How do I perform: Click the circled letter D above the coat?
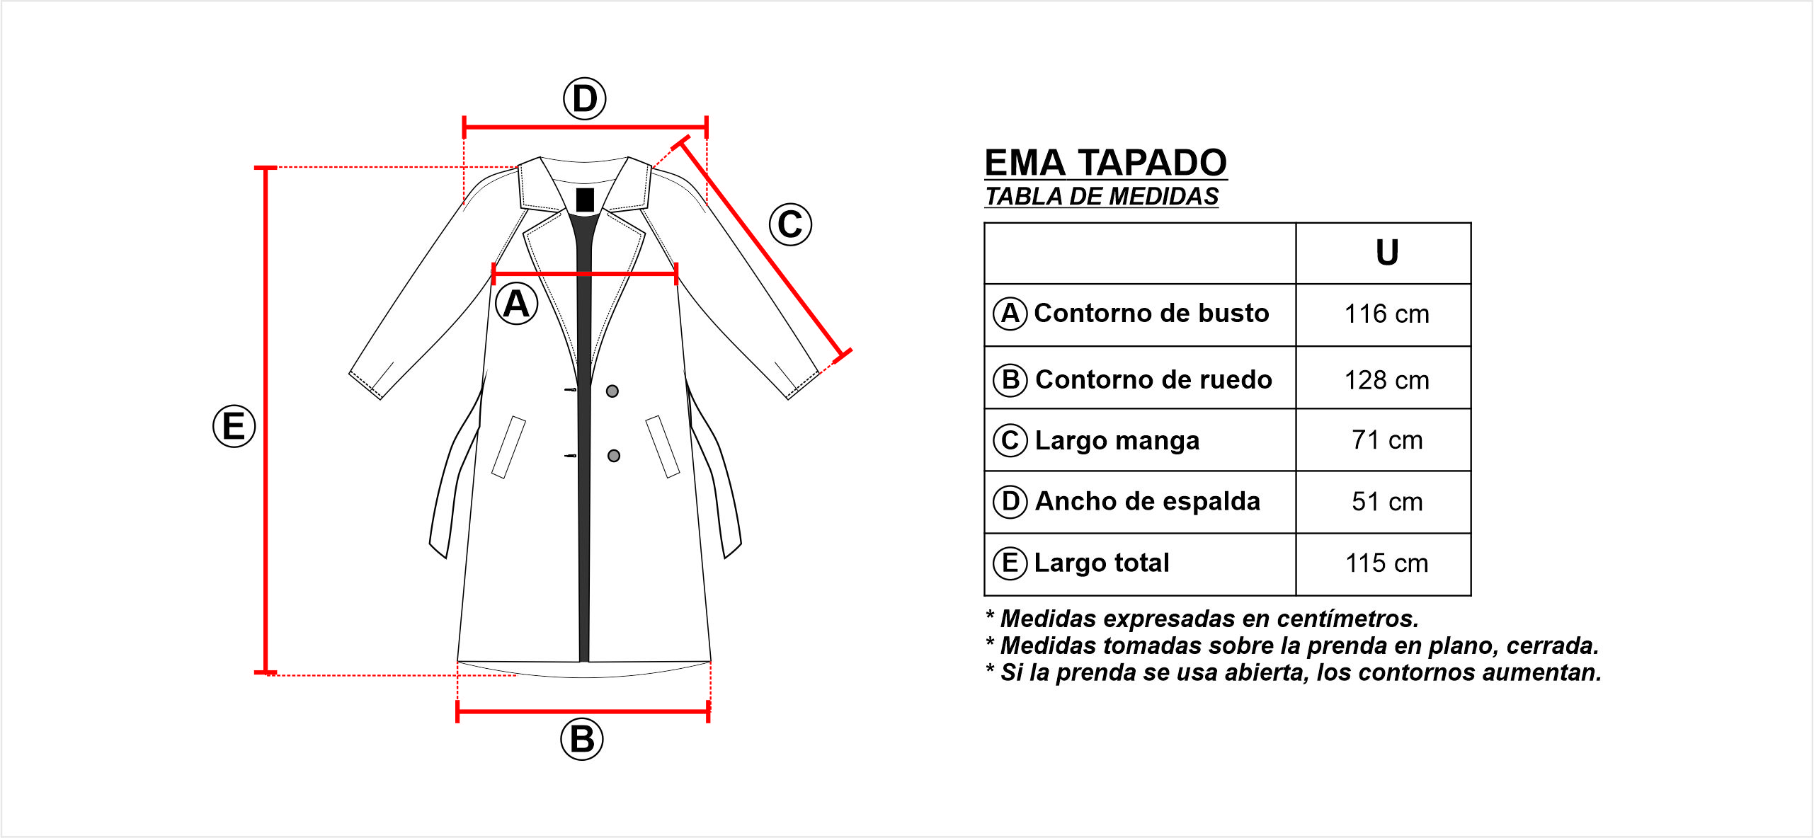coord(584,98)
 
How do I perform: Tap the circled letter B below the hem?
coord(581,739)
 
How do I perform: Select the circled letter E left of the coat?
coord(234,426)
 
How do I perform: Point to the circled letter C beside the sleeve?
coord(790,224)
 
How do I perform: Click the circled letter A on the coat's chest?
coord(516,304)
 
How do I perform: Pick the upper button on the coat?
coord(612,391)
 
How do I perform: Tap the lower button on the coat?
coord(614,456)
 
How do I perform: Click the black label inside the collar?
coord(585,200)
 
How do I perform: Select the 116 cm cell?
coord(1386,314)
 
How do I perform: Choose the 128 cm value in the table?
coord(1386,380)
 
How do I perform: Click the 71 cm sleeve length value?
coord(1386,440)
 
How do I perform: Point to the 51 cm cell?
coord(1386,501)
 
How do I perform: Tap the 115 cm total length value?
coord(1386,563)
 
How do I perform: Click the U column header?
coord(1387,253)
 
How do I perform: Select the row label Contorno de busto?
coord(1151,313)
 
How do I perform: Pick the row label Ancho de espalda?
coord(1147,501)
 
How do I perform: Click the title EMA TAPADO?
coord(1105,163)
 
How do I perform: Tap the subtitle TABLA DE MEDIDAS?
coord(1102,196)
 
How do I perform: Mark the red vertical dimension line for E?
coord(266,420)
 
